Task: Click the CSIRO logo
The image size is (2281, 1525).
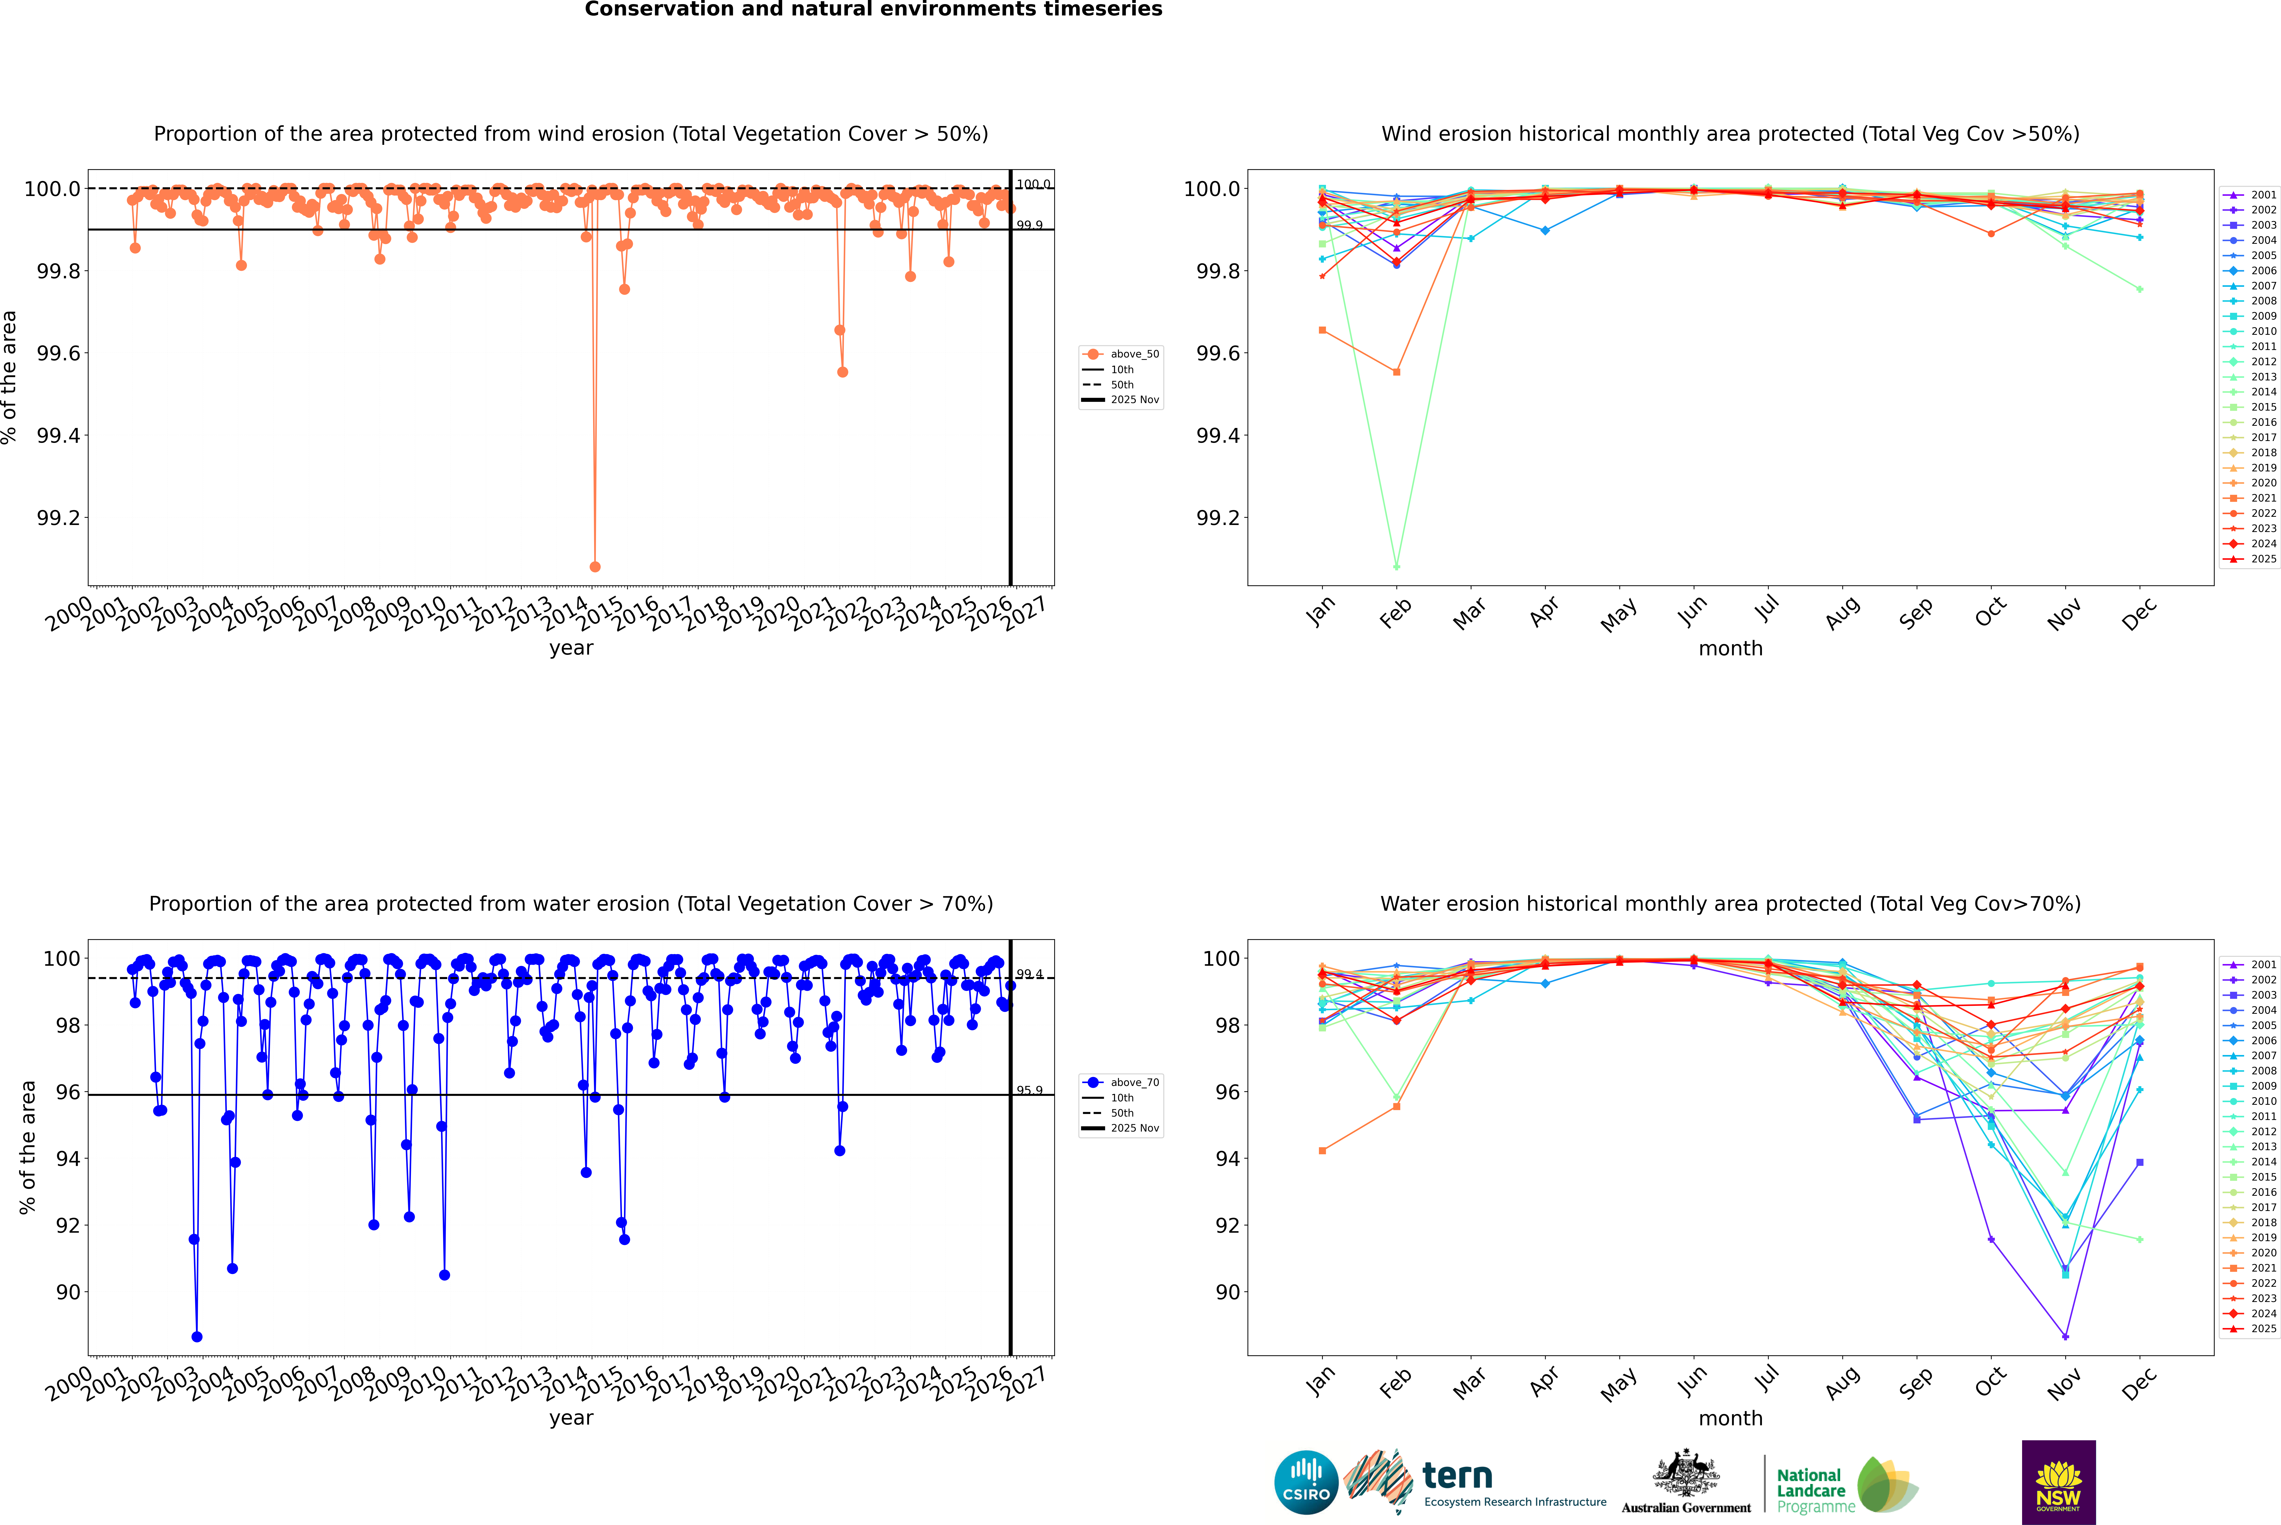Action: point(1306,1482)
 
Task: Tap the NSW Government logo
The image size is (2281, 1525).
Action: point(2058,1482)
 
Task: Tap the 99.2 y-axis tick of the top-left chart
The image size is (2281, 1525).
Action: point(58,518)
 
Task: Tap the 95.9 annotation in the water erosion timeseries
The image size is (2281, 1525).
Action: point(1030,1090)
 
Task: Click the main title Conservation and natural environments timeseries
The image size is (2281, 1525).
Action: point(873,10)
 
